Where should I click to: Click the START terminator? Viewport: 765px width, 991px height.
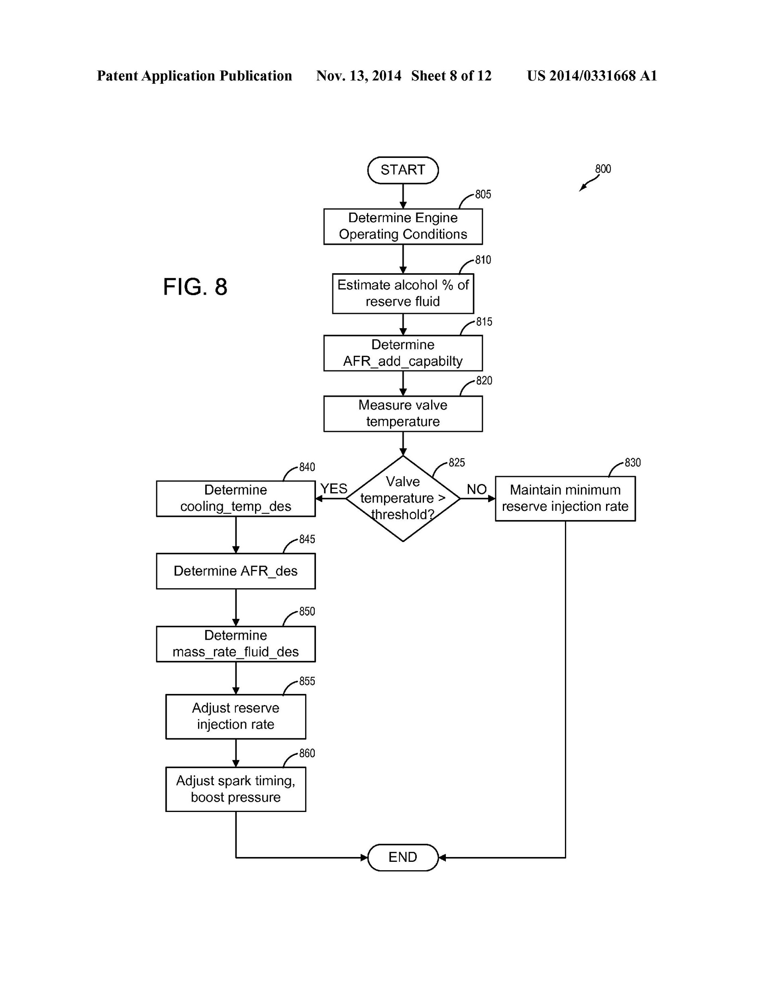403,170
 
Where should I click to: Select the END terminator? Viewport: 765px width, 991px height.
403,857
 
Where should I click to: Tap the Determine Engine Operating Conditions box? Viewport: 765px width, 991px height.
403,227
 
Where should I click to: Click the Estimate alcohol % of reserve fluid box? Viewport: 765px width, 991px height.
403,294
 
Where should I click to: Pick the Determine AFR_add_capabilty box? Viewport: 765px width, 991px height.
403,353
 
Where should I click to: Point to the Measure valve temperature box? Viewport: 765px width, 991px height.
403,414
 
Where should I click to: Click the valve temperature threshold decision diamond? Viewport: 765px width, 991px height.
403,498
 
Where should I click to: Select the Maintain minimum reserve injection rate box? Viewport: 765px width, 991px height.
565,498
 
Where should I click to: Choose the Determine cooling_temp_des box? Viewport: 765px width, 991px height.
235,498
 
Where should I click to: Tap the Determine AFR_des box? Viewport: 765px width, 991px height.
235,571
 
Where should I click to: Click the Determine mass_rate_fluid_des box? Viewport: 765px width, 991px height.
235,644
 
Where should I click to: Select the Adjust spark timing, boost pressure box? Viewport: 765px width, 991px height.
235,789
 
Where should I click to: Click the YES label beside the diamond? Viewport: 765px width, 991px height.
334,489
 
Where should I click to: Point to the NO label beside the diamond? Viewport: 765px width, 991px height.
477,489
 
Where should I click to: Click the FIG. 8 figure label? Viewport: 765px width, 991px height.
195,287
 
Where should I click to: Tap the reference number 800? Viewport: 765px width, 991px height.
603,169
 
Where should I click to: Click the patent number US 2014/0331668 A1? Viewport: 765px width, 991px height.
592,76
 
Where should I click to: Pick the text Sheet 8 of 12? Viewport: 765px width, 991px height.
451,76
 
